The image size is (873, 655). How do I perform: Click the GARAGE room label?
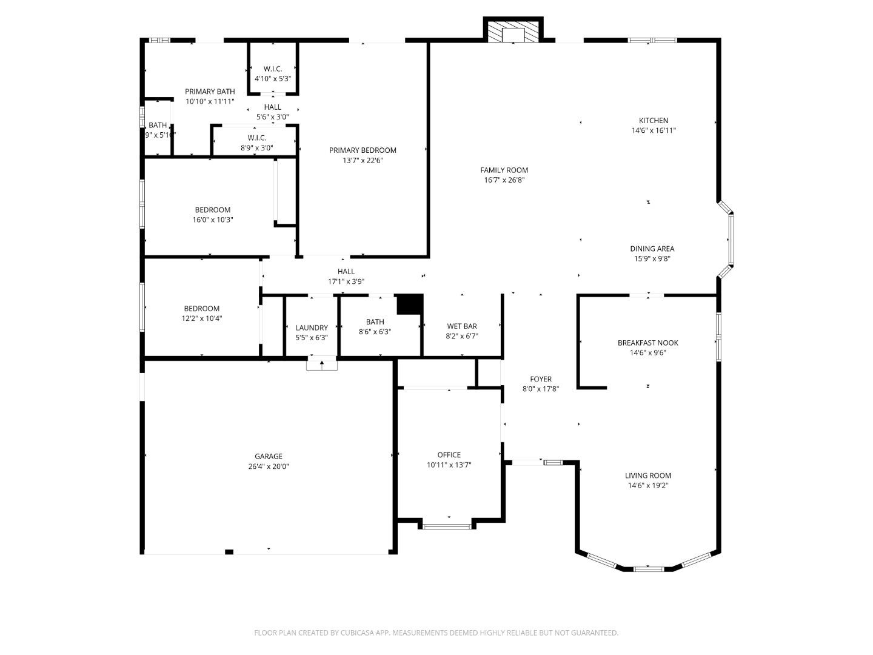click(268, 457)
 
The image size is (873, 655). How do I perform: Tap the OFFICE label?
click(449, 455)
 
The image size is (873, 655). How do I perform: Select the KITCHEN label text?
click(653, 121)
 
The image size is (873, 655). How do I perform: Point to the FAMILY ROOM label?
click(504, 170)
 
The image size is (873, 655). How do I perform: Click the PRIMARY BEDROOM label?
click(363, 150)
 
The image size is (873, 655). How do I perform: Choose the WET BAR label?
click(462, 326)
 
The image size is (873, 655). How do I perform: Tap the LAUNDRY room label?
click(312, 327)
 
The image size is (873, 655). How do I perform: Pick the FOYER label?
click(540, 380)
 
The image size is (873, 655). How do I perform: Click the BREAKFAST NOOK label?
click(647, 343)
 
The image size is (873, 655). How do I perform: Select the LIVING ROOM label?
click(647, 475)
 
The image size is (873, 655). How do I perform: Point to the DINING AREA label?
click(652, 249)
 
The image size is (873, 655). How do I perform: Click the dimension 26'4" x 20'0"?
click(268, 467)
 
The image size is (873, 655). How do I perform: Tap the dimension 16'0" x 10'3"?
click(212, 220)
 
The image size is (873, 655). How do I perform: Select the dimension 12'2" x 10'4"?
click(202, 318)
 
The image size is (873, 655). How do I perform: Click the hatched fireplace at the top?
click(513, 33)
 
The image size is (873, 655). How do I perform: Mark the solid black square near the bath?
click(410, 304)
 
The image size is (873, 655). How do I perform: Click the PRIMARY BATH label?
click(210, 92)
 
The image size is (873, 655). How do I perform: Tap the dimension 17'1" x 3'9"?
click(346, 281)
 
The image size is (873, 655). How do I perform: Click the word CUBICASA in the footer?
click(360, 633)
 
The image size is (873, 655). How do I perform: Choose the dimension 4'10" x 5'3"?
click(273, 79)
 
